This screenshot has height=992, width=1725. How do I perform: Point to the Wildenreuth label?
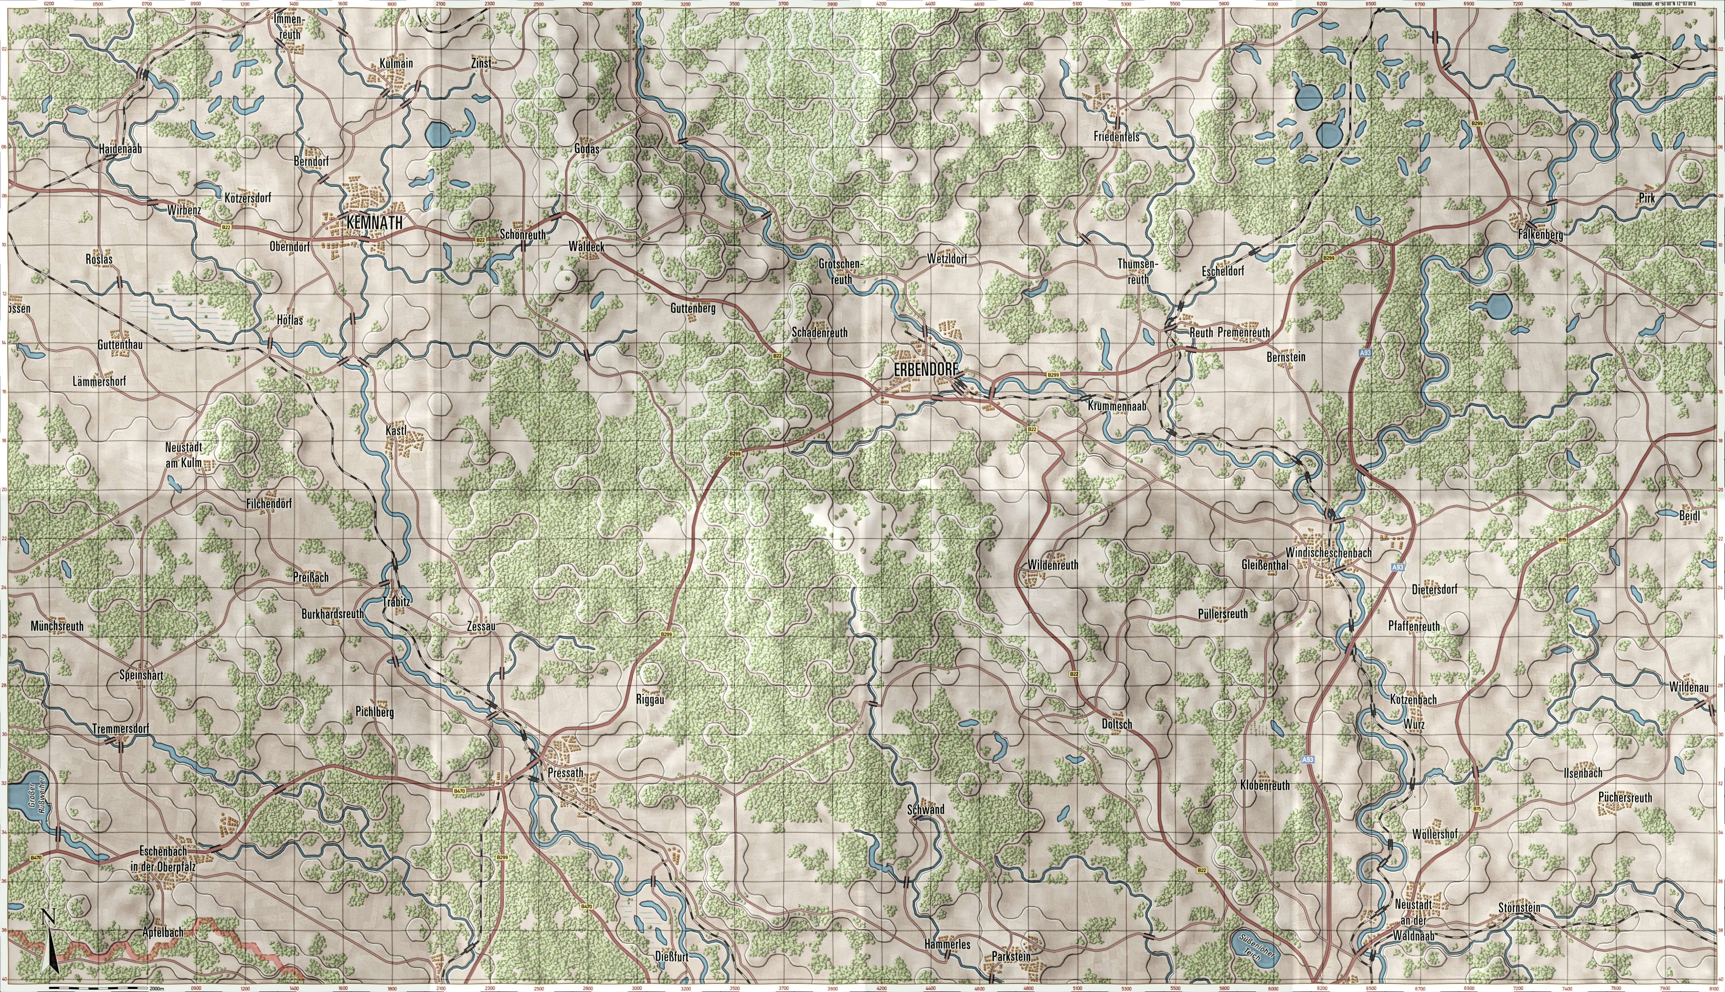(x=1052, y=565)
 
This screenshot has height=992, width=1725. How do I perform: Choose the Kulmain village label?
(x=396, y=64)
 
